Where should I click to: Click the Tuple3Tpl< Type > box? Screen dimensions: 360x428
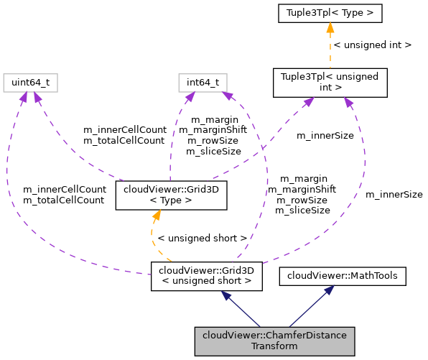pos(330,13)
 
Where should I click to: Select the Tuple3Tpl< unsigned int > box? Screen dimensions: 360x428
pos(330,83)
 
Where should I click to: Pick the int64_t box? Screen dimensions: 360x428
pos(203,83)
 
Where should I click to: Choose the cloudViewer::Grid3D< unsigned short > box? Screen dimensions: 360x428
pos(206,276)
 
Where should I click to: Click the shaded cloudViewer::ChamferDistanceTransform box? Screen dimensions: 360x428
pos(274,341)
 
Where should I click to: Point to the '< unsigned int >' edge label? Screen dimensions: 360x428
pos(373,45)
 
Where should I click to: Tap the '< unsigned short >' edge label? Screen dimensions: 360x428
pos(202,237)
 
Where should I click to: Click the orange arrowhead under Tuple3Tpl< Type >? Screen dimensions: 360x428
pos(330,28)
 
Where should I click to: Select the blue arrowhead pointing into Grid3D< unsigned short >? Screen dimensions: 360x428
pos(226,296)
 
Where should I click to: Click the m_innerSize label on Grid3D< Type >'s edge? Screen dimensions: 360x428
pos(326,135)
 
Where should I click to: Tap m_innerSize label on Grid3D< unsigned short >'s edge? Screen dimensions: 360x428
pos(394,194)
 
